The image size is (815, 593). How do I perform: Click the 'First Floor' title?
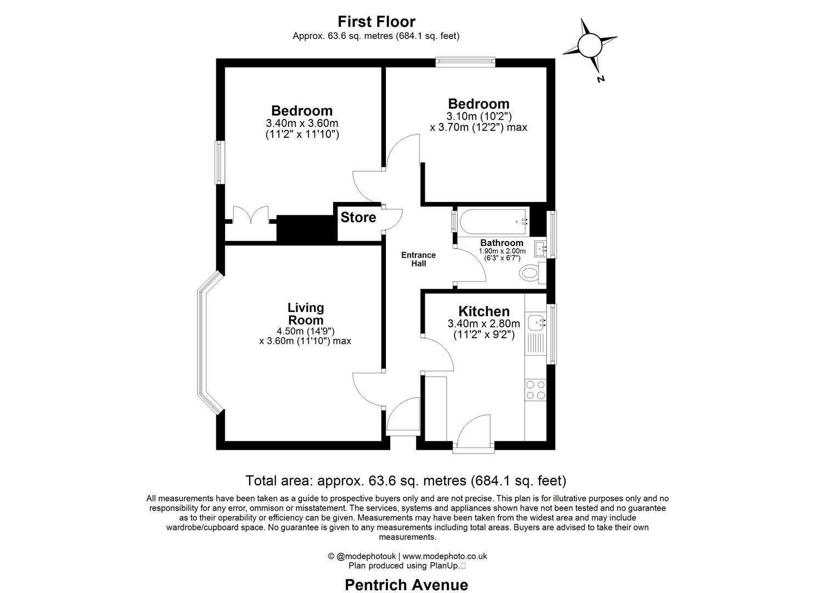pos(376,21)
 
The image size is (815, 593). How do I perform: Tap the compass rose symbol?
pos(589,46)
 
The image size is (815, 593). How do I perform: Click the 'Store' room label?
pos(358,217)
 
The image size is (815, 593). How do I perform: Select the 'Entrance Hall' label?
pos(418,259)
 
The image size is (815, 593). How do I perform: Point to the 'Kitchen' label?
pos(484,311)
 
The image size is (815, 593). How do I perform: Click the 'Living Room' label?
pos(306,314)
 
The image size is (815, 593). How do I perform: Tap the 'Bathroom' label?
pos(502,243)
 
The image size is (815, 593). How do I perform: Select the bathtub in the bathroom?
pos(493,222)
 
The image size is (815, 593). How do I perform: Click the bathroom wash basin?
pos(541,248)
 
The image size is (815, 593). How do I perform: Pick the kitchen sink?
pos(536,323)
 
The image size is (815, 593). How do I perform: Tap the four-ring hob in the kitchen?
pos(536,389)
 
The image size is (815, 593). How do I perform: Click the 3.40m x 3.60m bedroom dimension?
pos(302,123)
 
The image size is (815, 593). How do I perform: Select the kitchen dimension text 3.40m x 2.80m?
pos(484,323)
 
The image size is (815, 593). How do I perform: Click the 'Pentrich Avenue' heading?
pos(406,585)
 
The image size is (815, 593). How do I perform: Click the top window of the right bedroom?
pos(465,63)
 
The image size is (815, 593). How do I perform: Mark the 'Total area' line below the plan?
pos(406,480)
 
